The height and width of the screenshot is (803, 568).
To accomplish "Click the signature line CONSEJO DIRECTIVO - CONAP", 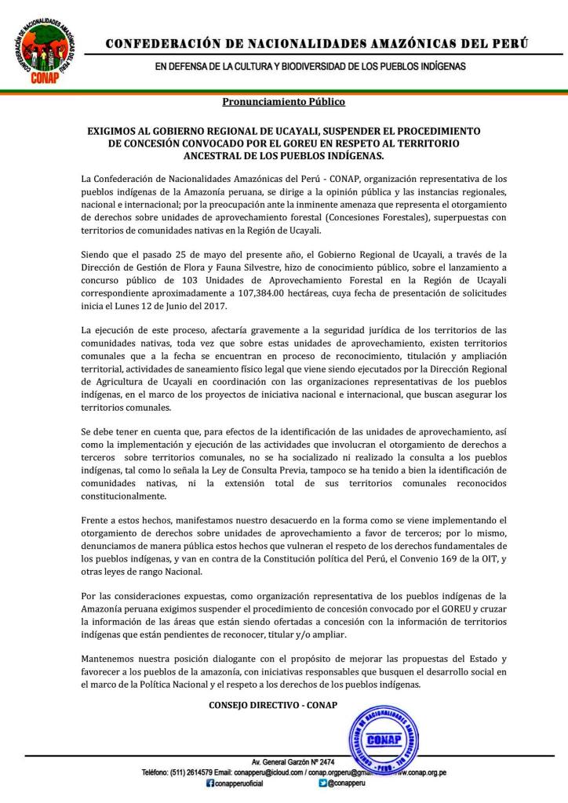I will [x=272, y=704].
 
